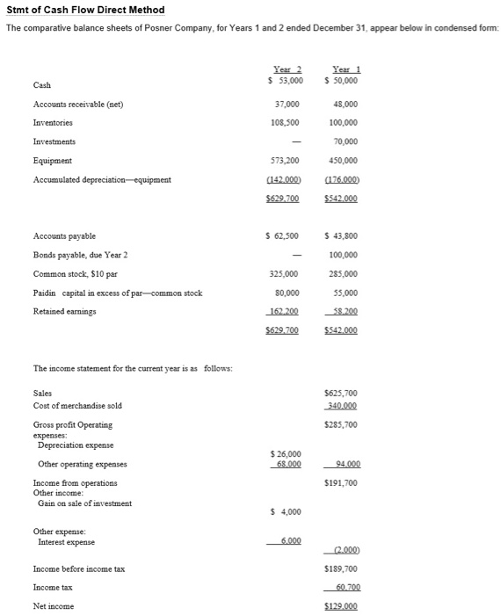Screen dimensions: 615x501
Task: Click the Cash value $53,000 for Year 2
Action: (284, 81)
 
